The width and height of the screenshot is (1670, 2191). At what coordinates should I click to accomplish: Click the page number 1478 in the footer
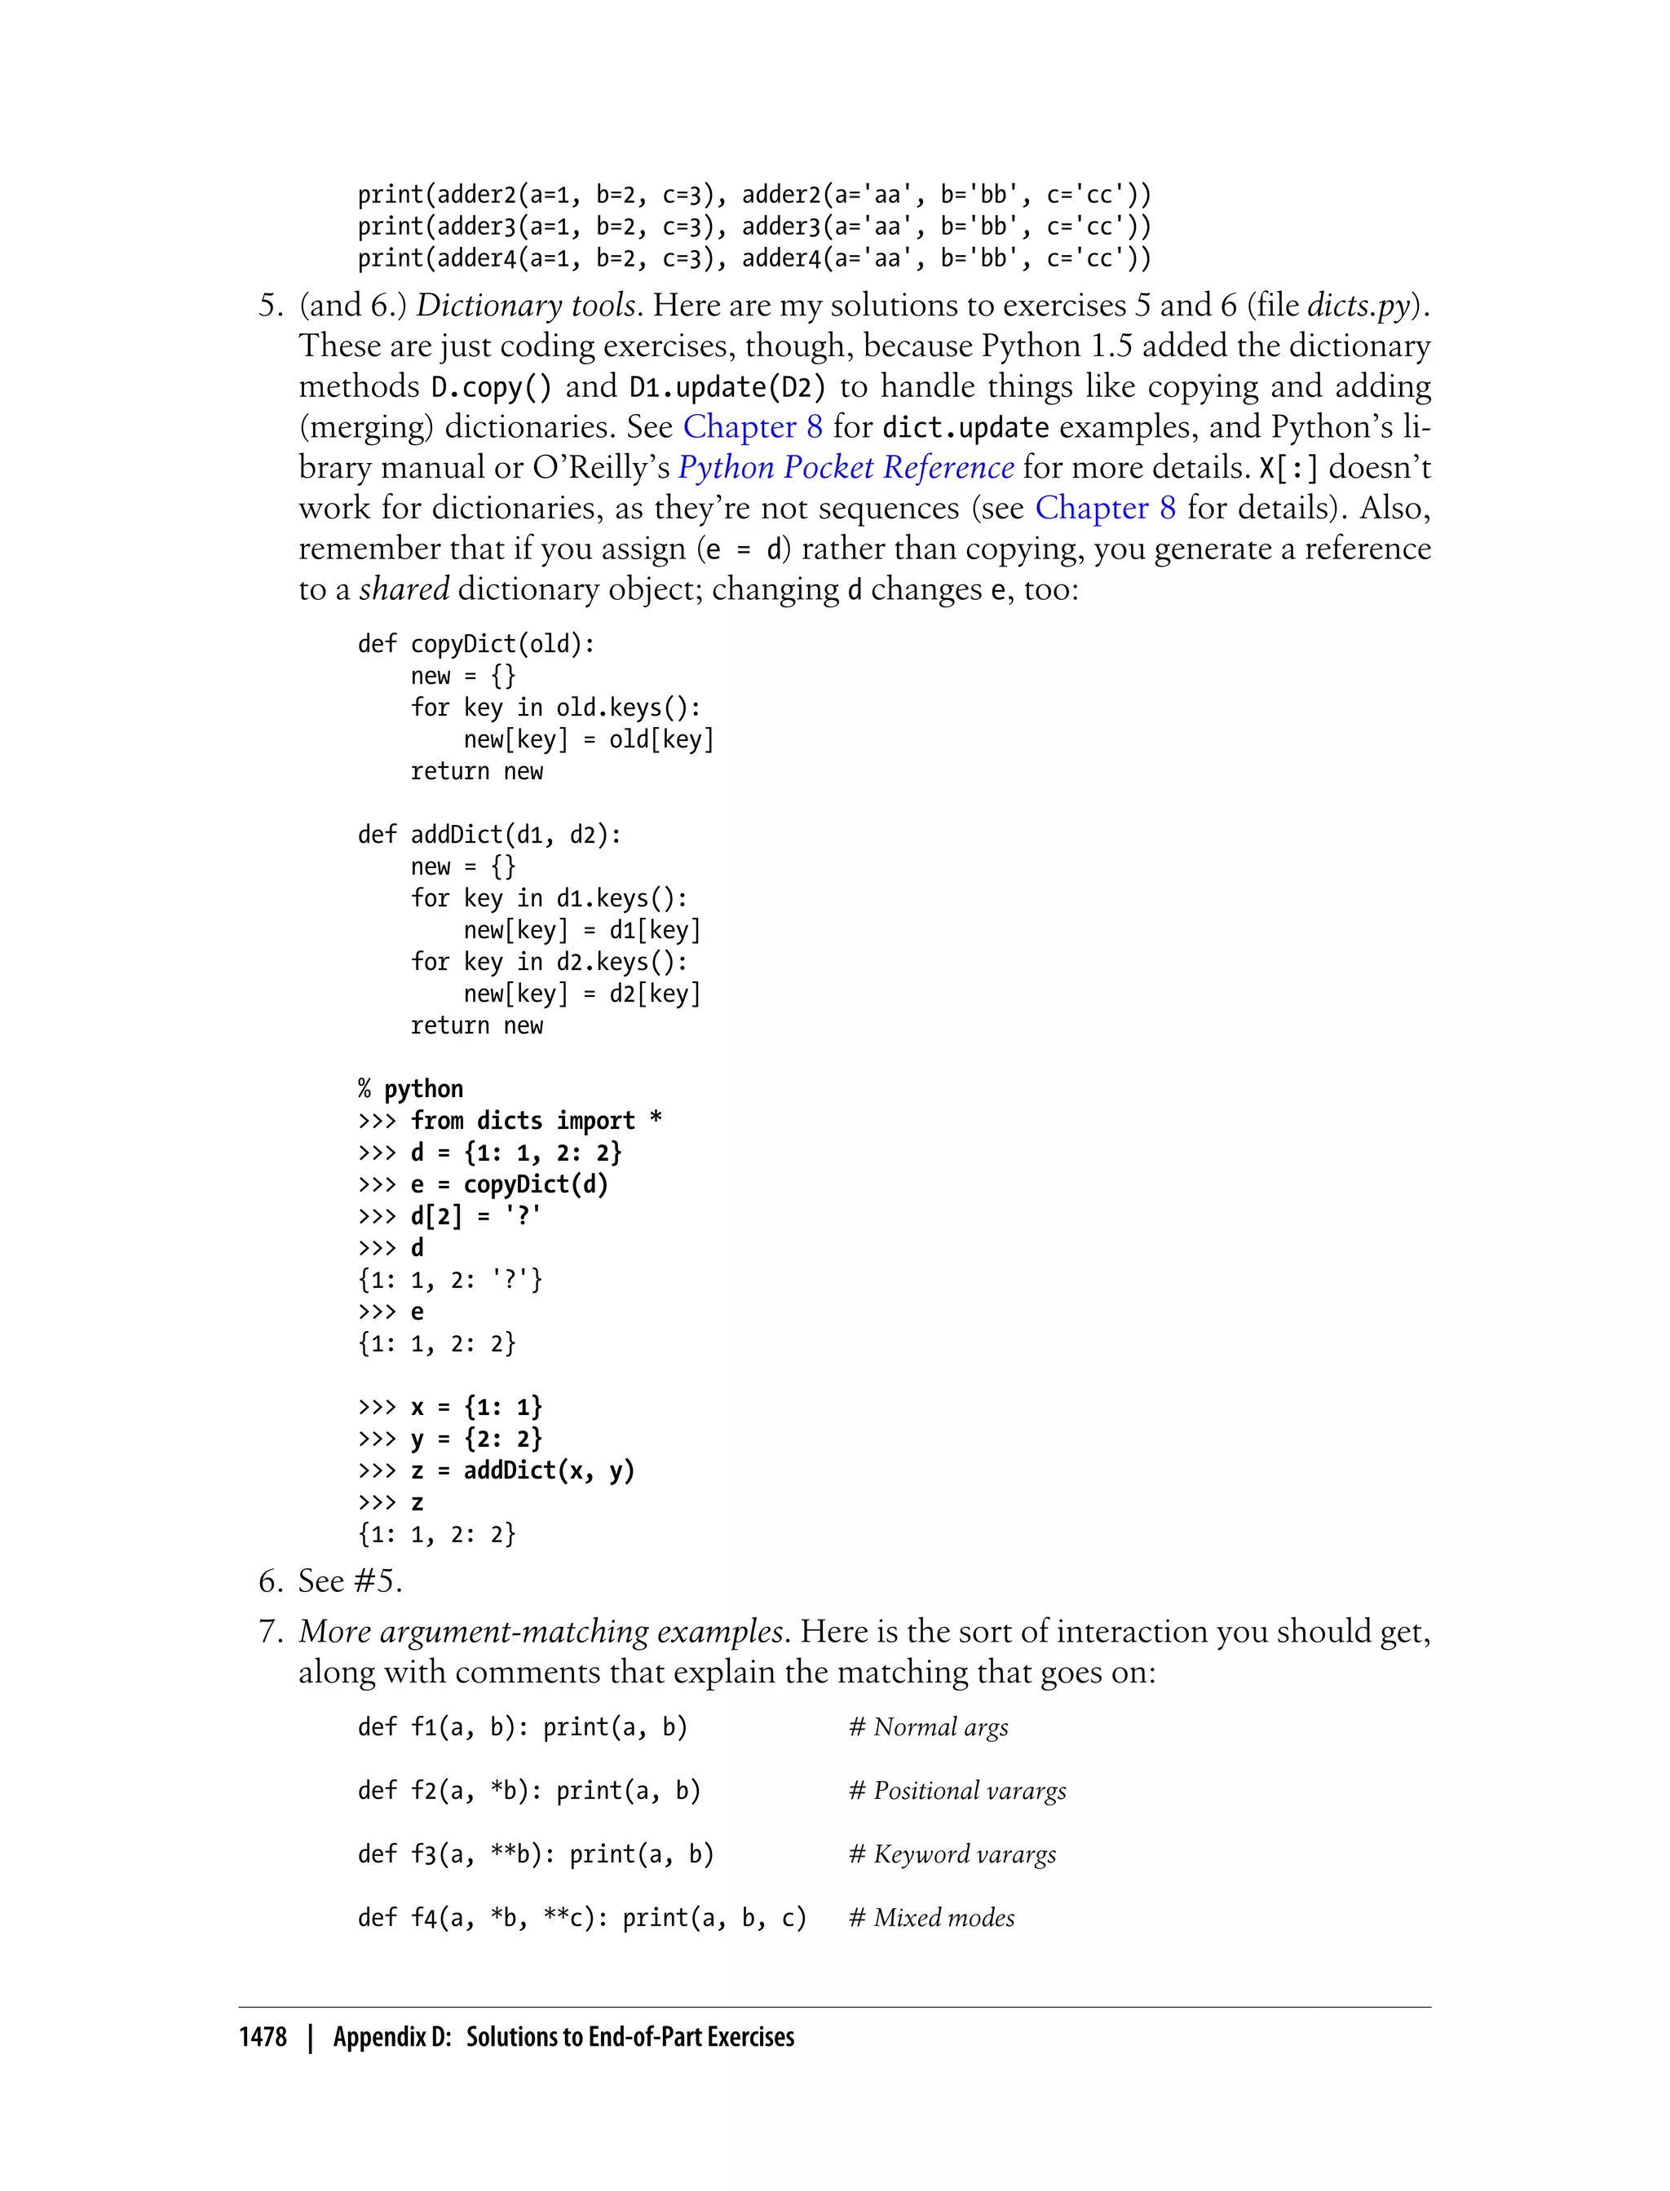(263, 2038)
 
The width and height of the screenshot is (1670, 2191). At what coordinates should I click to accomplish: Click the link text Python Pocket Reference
(845, 467)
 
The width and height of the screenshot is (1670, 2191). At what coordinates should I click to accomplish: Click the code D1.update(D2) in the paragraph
(727, 386)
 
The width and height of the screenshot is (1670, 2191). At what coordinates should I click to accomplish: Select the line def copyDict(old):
(476, 644)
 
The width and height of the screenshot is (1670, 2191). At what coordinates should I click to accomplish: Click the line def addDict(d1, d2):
(489, 835)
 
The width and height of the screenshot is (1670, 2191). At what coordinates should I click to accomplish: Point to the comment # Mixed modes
(931, 1918)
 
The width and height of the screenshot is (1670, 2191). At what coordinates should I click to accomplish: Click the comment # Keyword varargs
(952, 1854)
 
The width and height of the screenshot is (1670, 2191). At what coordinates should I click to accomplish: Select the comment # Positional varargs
(957, 1791)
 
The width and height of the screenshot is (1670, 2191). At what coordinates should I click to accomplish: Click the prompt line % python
(410, 1089)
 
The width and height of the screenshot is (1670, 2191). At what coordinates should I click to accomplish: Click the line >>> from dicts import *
(510, 1121)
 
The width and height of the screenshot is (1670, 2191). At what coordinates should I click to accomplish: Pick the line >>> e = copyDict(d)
(483, 1184)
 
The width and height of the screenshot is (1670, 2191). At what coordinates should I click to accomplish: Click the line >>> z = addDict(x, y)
(496, 1470)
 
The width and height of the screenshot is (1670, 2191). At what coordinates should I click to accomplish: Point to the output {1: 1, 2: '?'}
(450, 1280)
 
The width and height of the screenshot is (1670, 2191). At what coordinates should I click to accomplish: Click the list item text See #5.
(350, 1581)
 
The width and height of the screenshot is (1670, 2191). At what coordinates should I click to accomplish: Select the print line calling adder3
(753, 227)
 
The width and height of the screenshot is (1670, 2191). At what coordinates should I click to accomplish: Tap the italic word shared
(404, 589)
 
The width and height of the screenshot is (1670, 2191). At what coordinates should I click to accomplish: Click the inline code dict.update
(965, 427)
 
